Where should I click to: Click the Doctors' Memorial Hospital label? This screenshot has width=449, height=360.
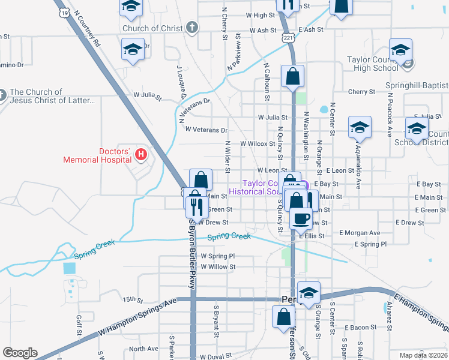pos(98,155)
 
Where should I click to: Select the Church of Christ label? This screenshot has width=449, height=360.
pos(152,28)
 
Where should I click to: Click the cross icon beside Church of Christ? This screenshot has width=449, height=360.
pos(191,28)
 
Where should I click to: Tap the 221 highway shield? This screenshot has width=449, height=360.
pos(289,38)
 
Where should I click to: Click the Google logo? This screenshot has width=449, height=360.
pos(20,353)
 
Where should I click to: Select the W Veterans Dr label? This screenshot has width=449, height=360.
pos(206,130)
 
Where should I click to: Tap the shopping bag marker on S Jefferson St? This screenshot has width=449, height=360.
pos(283,318)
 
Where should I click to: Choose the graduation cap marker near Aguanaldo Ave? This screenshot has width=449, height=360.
pos(360,128)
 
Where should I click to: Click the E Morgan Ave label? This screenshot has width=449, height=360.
pos(360,233)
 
